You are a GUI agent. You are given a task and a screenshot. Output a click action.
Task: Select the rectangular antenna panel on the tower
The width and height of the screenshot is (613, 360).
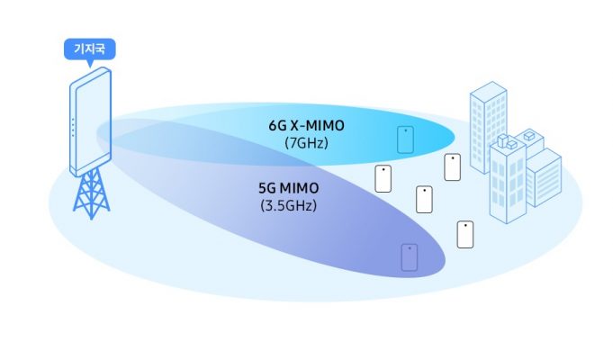[90, 121]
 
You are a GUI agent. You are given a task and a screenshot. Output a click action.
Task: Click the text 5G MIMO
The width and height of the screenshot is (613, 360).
[288, 190]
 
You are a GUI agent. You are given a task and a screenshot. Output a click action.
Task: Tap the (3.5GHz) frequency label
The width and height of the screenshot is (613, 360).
[288, 206]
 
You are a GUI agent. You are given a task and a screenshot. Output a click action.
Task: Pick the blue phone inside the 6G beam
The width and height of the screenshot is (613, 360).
[406, 139]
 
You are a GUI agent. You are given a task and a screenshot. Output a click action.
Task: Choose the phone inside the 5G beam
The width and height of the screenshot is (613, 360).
[410, 257]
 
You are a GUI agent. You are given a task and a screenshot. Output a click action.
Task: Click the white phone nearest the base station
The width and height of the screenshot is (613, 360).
[383, 178]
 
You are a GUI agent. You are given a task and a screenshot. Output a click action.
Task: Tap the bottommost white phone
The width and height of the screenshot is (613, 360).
[465, 234]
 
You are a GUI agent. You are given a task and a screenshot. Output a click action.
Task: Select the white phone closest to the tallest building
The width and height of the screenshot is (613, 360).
[453, 166]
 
